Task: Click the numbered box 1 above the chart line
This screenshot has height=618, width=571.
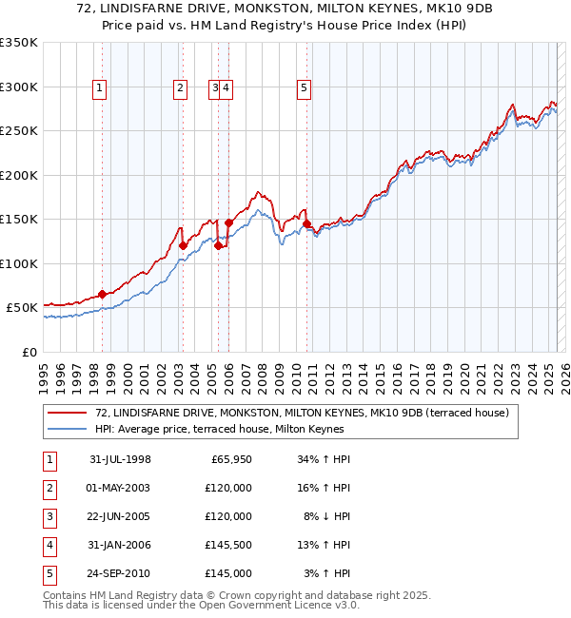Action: tap(100, 89)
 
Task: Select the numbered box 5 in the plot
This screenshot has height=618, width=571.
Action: tap(304, 89)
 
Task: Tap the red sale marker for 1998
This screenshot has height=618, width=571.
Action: tap(102, 294)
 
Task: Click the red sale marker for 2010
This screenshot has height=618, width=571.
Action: tap(306, 224)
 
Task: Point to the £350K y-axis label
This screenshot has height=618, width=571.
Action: tap(18, 43)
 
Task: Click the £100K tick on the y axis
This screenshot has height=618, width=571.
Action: tap(18, 263)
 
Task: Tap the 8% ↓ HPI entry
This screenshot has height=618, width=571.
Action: tap(323, 517)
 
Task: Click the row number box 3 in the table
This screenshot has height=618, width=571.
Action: tap(50, 517)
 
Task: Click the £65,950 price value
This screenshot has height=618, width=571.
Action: tap(230, 460)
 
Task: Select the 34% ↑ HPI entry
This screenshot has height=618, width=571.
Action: tap(320, 460)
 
